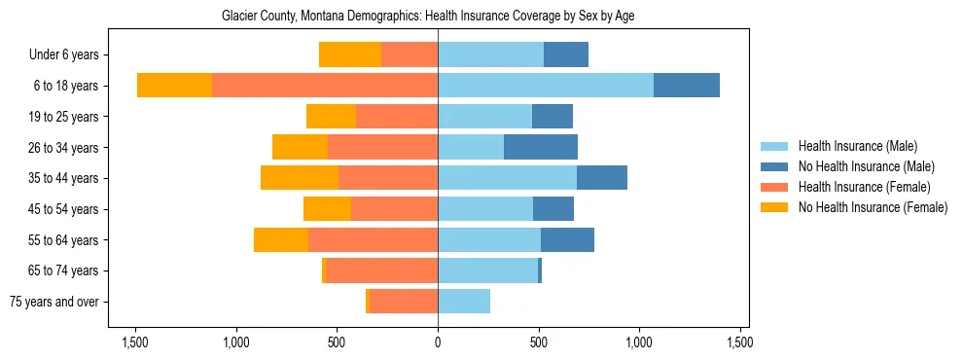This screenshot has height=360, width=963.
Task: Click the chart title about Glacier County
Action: (428, 17)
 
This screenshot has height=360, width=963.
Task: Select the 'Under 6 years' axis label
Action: (64, 55)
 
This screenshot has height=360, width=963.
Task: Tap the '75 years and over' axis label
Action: (53, 302)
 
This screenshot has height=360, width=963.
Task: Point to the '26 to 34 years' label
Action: (63, 148)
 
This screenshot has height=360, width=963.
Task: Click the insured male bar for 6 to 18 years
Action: (546, 86)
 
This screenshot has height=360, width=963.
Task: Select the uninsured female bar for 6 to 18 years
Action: (174, 86)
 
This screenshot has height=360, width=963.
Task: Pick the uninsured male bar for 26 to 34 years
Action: (541, 148)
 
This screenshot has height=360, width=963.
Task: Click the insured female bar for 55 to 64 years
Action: (373, 240)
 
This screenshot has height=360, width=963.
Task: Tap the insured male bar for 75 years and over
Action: (464, 302)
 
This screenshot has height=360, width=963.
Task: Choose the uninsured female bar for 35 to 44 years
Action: (300, 178)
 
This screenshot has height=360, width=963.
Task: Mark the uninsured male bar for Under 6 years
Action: (566, 55)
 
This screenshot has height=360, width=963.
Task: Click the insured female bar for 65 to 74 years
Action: (381, 270)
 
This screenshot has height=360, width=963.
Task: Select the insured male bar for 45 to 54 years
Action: (485, 209)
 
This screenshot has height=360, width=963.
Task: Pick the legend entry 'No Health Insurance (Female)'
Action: (873, 207)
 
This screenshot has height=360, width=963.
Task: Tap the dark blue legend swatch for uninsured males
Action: (774, 166)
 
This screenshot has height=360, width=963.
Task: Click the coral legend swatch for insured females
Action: (774, 187)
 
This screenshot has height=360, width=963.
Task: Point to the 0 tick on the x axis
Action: (438, 342)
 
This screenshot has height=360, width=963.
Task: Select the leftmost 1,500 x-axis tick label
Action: (134, 342)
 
